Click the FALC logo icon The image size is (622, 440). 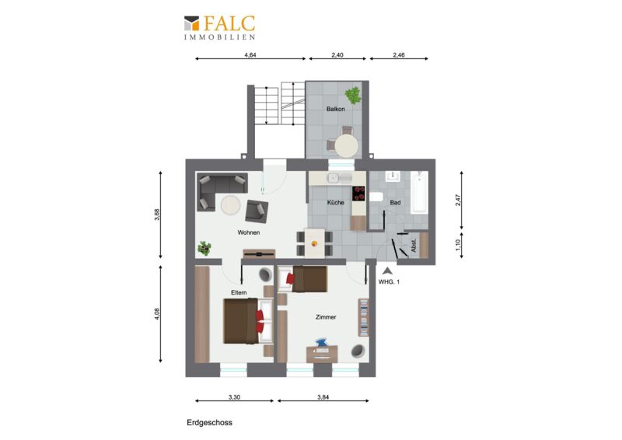click(191, 23)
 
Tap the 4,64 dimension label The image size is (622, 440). click(250, 55)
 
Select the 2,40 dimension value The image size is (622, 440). click(337, 55)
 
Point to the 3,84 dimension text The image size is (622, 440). click(323, 396)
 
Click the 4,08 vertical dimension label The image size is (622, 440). click(157, 313)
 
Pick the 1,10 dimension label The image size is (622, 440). click(458, 245)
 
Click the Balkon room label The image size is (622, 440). click(336, 109)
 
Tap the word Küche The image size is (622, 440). click(336, 202)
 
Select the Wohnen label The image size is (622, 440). click(249, 232)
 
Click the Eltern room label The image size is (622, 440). click(239, 292)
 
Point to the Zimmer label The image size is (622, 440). click(326, 317)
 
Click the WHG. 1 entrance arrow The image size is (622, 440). click(387, 271)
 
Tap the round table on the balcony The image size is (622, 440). click(347, 146)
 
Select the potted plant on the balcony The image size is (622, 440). click(353, 96)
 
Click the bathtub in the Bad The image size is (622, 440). click(419, 193)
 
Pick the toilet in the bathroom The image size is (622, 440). click(376, 197)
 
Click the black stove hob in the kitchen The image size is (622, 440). click(358, 194)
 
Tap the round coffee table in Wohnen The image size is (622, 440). click(230, 205)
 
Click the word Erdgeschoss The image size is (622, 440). click(209, 423)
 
